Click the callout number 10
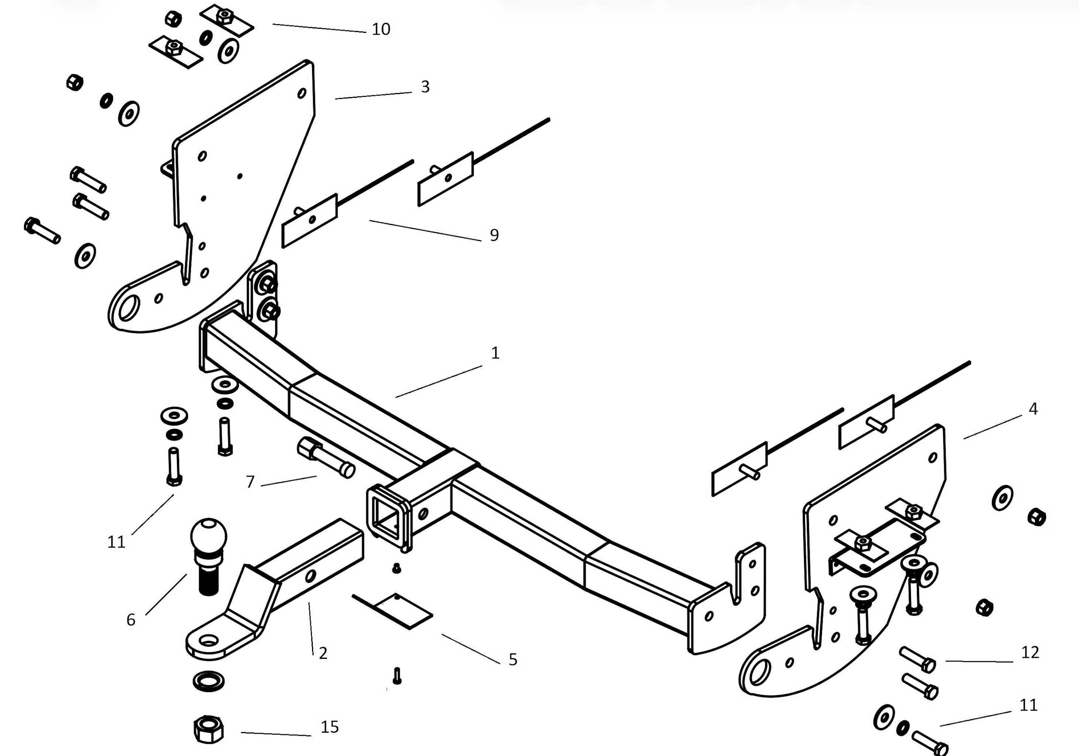[x=381, y=29]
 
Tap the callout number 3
[x=425, y=86]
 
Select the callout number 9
[x=494, y=235]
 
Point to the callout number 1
[x=495, y=353]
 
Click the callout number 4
[x=1033, y=408]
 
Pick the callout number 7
[x=250, y=482]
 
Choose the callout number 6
[x=131, y=620]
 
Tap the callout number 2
[x=323, y=653]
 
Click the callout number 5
[x=513, y=659]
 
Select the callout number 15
[x=329, y=727]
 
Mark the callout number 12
[x=1030, y=652]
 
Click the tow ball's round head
[x=209, y=536]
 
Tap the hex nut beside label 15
[x=208, y=730]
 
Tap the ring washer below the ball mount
[x=208, y=681]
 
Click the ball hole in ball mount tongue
[x=209, y=640]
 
